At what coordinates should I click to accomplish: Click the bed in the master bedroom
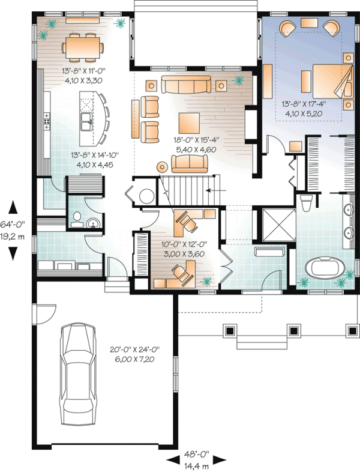(x=326, y=80)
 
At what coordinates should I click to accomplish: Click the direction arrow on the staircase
(x=212, y=190)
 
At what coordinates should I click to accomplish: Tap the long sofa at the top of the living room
(x=185, y=85)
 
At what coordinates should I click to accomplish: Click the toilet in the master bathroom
(x=305, y=203)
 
